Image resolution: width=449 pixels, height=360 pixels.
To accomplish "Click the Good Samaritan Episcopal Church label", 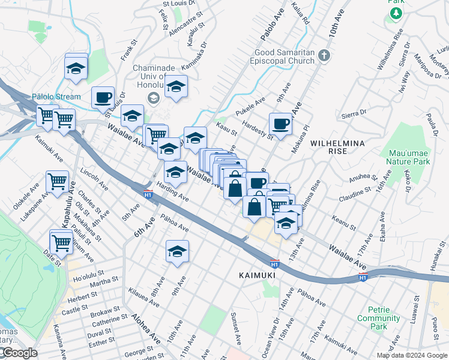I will click(284, 56).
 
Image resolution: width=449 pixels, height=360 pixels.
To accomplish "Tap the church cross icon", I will click(324, 56).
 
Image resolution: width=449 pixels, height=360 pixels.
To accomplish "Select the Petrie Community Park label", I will click(379, 322).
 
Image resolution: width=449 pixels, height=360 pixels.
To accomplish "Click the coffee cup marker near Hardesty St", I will click(280, 125).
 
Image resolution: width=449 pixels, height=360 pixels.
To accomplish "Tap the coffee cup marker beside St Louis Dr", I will click(103, 98).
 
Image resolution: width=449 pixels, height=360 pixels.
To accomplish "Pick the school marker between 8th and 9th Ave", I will click(177, 252).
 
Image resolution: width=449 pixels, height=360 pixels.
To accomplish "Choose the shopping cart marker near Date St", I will click(62, 242).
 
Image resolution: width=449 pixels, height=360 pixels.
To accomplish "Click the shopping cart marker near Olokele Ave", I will click(57, 181).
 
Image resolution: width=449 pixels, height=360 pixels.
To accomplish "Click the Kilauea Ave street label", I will click(144, 297).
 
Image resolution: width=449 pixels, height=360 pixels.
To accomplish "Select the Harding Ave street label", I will click(173, 191).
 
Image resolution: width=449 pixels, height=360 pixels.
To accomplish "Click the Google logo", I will click(19, 353).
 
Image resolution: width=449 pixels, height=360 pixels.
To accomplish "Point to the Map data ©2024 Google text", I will click(412, 355).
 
